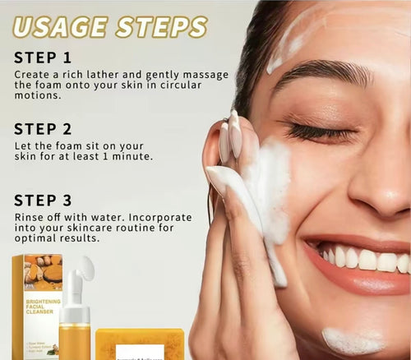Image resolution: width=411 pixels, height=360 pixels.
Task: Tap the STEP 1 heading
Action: (x=42, y=58)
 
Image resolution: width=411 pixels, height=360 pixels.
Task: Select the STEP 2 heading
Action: (x=43, y=129)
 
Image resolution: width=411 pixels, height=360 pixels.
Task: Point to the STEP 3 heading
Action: (x=43, y=201)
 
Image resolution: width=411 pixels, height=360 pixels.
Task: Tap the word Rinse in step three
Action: (x=30, y=217)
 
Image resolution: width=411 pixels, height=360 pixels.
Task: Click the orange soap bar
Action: (x=140, y=344)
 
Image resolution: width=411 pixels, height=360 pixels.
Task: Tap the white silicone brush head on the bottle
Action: (x=85, y=270)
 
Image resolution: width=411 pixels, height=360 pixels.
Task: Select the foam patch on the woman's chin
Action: (x=351, y=340)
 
